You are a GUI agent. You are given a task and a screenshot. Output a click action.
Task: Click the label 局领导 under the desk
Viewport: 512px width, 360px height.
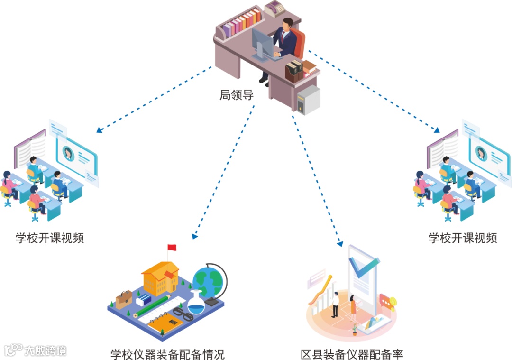(237, 95)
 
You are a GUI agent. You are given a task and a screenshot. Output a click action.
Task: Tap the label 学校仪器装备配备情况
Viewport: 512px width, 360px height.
(167, 354)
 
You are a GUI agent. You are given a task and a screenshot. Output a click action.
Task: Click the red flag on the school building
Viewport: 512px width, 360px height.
(172, 247)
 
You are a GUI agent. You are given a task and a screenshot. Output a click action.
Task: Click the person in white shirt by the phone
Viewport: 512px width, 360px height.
(335, 304)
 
